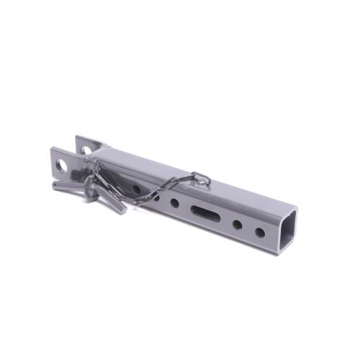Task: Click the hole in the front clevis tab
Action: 62,166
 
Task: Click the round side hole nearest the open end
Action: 259,232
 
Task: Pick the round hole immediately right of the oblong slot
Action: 236,224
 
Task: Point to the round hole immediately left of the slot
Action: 175,203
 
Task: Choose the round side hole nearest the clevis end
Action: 136,189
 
